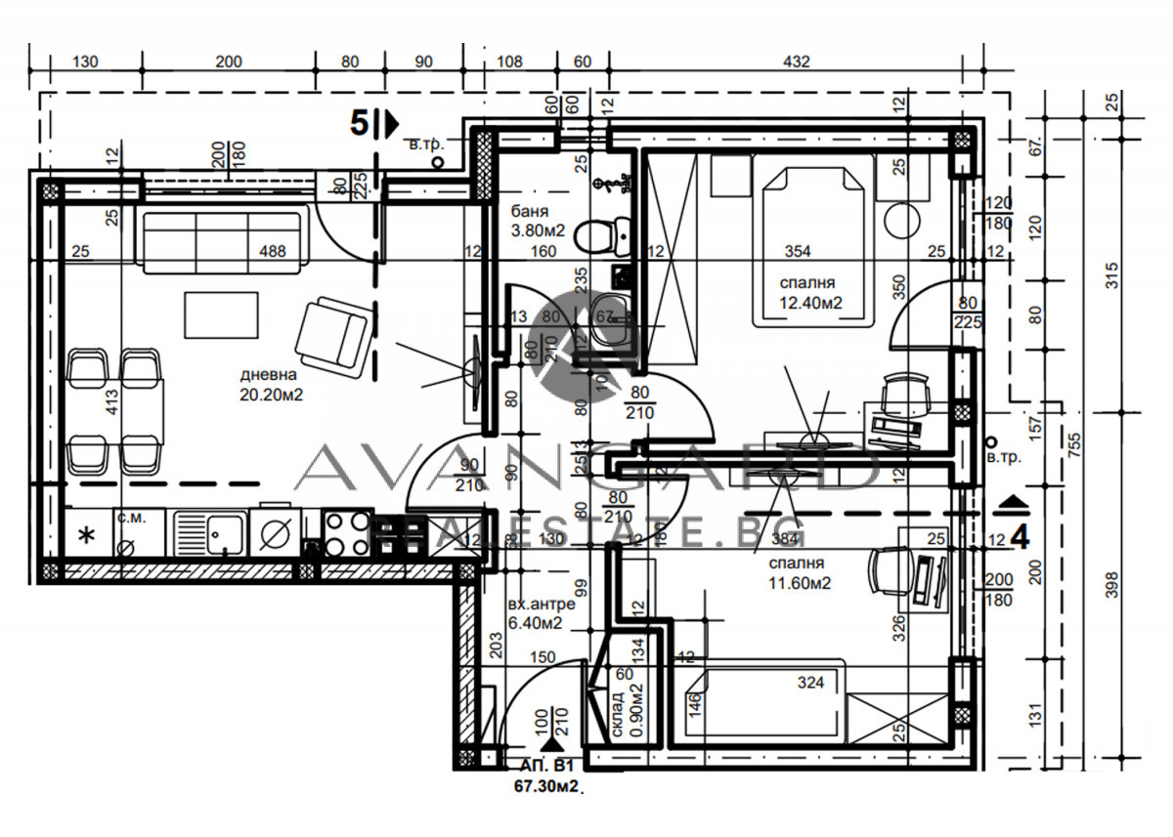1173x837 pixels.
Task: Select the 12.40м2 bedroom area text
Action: pos(811,302)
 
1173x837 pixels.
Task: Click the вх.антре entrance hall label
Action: pos(535,604)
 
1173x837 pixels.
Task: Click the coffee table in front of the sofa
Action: pos(220,314)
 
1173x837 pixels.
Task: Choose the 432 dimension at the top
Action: pos(797,63)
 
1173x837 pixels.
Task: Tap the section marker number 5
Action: pos(360,123)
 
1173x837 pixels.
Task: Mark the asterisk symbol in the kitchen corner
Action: pos(86,534)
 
